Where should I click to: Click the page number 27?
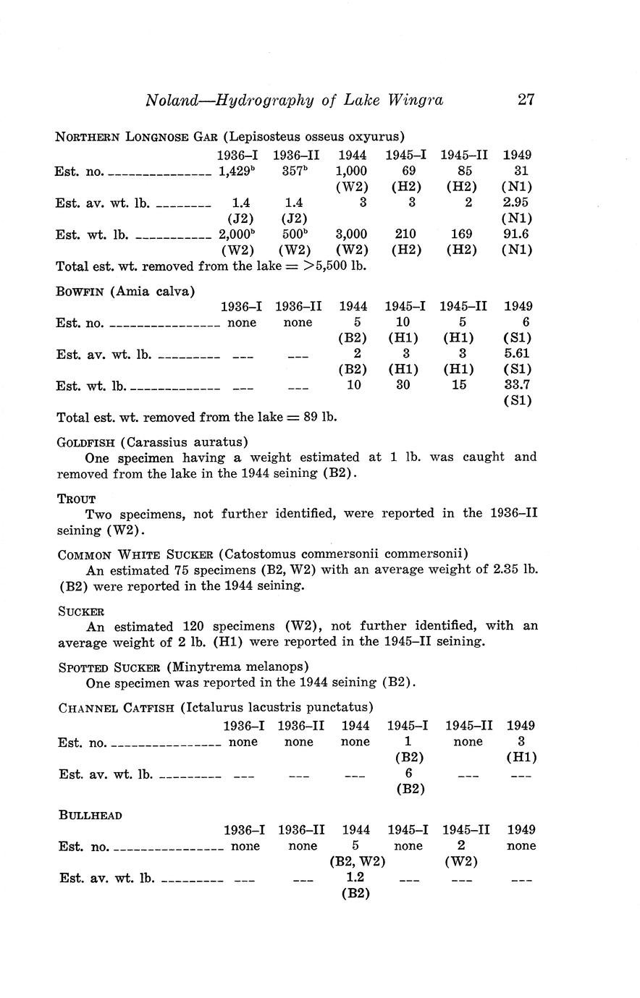[x=526, y=99]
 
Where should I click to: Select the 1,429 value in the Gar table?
[x=234, y=172]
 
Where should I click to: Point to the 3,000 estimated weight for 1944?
[x=353, y=234]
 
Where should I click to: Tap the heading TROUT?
[x=76, y=499]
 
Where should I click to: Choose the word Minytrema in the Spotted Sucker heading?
[x=201, y=666]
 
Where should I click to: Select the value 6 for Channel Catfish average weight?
[x=410, y=773]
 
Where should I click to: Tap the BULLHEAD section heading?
[x=90, y=815]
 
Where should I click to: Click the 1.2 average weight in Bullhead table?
[x=355, y=876]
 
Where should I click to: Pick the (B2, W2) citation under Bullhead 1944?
[x=356, y=861]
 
